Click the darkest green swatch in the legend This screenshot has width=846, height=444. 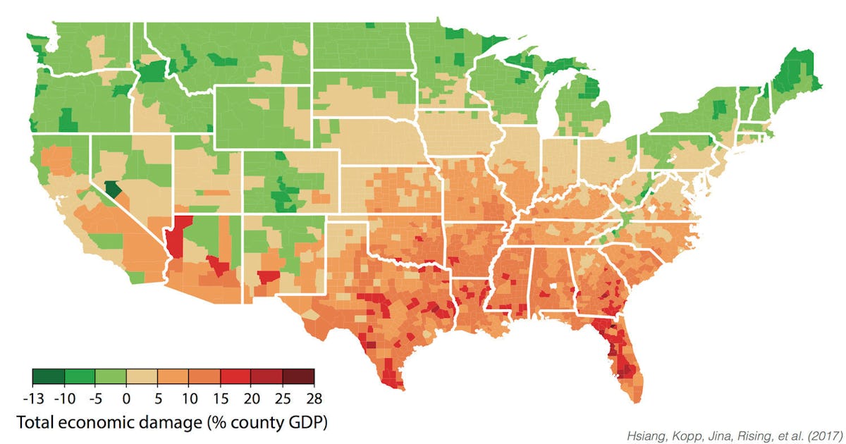coord(49,377)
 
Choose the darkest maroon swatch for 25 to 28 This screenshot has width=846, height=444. coord(298,377)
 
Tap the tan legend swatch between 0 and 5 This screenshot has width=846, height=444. coord(142,377)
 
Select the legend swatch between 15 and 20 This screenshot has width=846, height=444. coord(235,377)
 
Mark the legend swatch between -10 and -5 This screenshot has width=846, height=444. coord(80,377)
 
